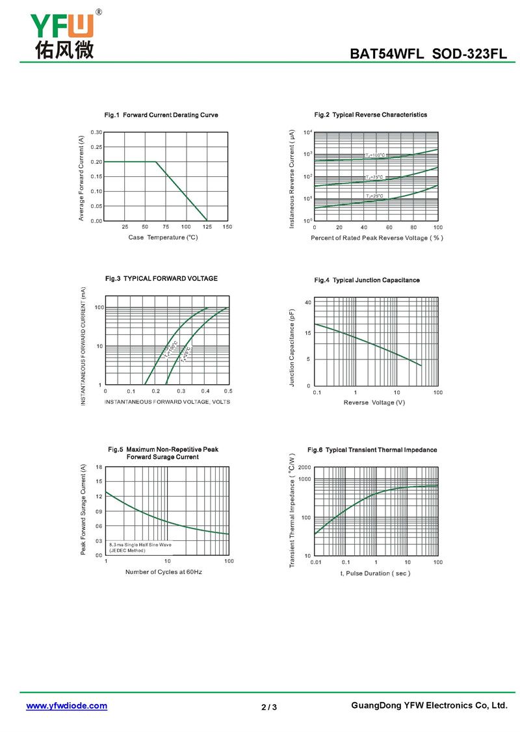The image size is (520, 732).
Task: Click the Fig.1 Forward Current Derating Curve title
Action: point(161,115)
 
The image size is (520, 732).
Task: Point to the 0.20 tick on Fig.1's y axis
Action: point(96,161)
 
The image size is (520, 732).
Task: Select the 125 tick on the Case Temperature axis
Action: point(207,227)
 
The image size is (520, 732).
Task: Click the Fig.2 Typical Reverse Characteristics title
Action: point(370,114)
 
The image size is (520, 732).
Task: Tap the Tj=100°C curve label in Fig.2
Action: point(375,155)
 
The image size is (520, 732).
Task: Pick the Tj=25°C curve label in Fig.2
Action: point(374,196)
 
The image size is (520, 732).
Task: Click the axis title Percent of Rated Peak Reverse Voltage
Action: point(376,238)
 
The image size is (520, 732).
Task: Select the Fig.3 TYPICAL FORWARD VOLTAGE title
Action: point(161,278)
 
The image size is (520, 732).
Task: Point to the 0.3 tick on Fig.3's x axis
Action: point(181,391)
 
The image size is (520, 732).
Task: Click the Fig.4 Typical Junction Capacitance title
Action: point(367,280)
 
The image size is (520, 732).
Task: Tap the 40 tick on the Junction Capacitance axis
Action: point(307,303)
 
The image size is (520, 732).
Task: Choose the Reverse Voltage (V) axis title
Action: point(374,403)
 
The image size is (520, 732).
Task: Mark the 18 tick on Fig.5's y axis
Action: point(99,467)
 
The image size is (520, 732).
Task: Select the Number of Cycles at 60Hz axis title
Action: point(164,571)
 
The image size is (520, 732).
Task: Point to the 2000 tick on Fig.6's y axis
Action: point(304,467)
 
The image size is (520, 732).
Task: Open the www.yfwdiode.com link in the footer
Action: point(66,705)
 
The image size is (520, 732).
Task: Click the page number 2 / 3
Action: point(269,707)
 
